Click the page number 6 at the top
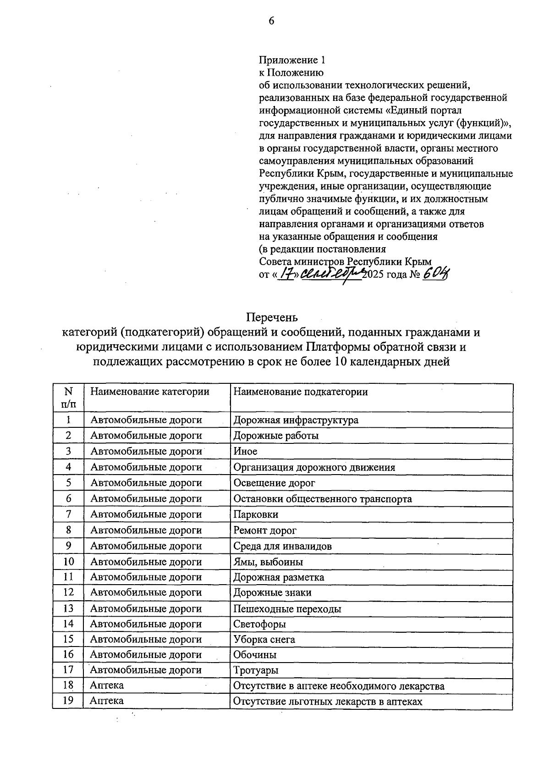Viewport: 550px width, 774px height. [271, 21]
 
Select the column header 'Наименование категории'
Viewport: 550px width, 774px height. [149, 392]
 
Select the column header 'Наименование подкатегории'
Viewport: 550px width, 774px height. [301, 392]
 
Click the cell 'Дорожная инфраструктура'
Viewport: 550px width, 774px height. [296, 420]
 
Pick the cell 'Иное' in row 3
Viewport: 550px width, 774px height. [246, 451]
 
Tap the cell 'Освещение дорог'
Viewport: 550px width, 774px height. [274, 483]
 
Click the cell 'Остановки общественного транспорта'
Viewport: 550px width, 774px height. [323, 499]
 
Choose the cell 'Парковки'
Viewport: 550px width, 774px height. [256, 514]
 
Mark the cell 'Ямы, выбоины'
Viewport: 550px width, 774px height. [268, 562]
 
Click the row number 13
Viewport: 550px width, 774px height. [68, 608]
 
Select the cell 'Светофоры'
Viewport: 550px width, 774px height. [260, 624]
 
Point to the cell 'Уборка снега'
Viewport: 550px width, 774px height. [264, 639]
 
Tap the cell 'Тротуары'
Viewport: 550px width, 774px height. [256, 670]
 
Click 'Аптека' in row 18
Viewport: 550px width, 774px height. [107, 686]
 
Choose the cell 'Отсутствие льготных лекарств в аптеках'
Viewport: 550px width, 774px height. [328, 701]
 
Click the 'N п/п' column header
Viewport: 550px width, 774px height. [68, 398]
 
